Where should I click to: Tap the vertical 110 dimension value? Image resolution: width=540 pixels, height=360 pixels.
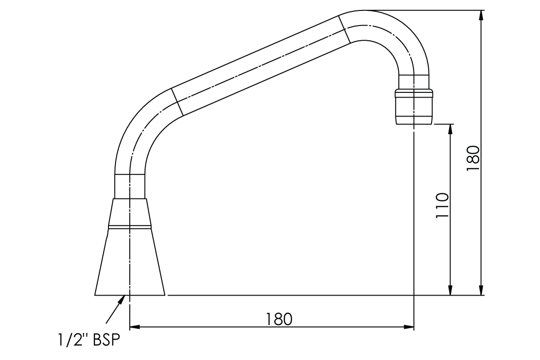pyautogui.click(x=441, y=205)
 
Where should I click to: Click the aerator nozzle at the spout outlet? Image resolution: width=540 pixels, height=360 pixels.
pyautogui.click(x=414, y=108)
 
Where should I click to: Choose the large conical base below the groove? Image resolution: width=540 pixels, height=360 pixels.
pyautogui.click(x=130, y=263)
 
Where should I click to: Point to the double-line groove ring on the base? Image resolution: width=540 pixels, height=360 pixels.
pyautogui.click(x=130, y=226)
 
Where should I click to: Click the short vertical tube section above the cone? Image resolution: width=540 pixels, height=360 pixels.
pyautogui.click(x=130, y=186)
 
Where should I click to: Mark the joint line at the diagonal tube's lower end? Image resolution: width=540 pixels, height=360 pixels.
pyautogui.click(x=177, y=101)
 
